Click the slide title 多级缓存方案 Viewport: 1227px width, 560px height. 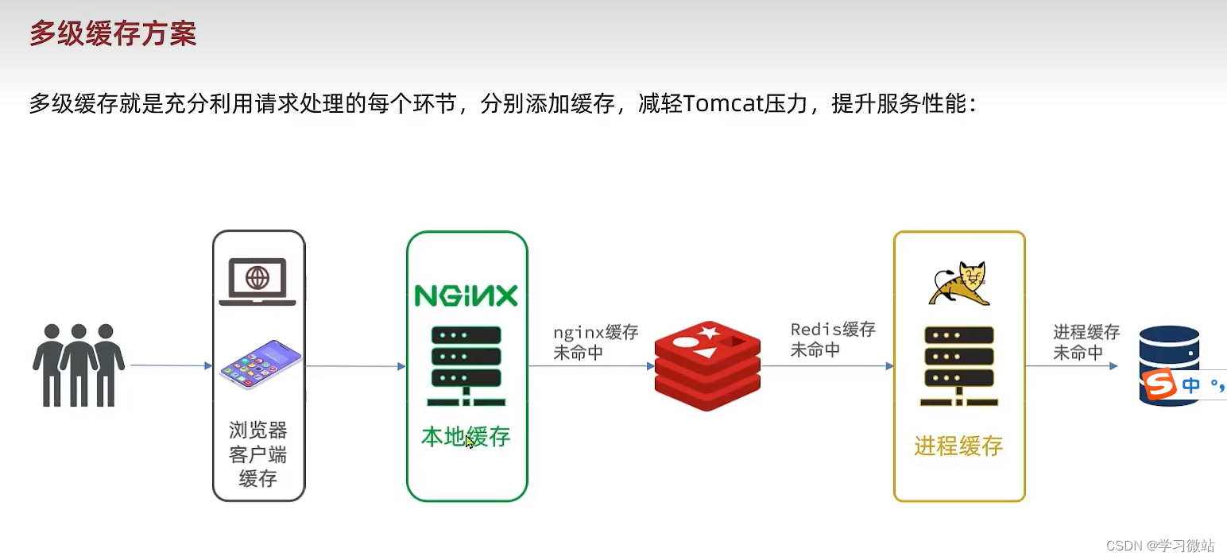pyautogui.click(x=113, y=34)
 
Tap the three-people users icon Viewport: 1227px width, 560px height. pyautogui.click(x=78, y=365)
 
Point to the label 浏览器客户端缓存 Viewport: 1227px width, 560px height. pyautogui.click(x=257, y=455)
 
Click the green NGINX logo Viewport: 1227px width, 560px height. pyautogui.click(x=466, y=295)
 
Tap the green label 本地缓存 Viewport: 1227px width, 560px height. pyautogui.click(x=466, y=436)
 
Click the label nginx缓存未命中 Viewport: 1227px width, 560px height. pyautogui.click(x=595, y=342)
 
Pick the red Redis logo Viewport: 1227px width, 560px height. pyautogui.click(x=707, y=365)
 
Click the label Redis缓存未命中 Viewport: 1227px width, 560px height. pyautogui.click(x=832, y=339)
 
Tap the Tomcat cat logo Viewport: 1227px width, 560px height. pyautogui.click(x=960, y=284)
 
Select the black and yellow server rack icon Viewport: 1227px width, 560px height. pyautogui.click(x=958, y=365)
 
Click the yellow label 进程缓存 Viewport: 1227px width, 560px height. pyautogui.click(x=958, y=446)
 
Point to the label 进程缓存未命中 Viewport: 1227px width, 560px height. pyautogui.click(x=1086, y=342)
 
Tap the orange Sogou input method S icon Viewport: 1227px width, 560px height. pyautogui.click(x=1159, y=385)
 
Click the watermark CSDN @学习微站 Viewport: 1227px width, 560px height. pyautogui.click(x=1159, y=545)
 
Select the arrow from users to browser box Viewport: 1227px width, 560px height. pyautogui.click(x=171, y=365)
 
